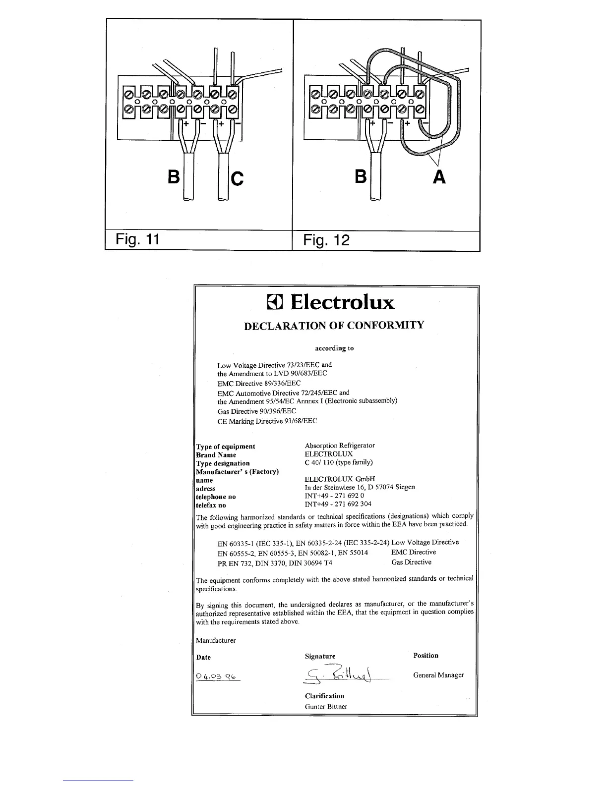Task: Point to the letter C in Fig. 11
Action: coord(238,178)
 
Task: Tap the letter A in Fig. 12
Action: coord(438,177)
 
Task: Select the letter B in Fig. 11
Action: coord(173,177)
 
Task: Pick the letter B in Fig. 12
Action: coord(361,177)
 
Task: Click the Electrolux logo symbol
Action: coord(275,302)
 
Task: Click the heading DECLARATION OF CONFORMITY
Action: coord(334,326)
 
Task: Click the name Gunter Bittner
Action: coord(326,707)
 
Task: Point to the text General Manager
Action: coord(438,675)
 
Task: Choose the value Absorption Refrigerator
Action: coord(340,446)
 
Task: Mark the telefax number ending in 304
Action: coord(338,505)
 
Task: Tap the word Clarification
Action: coord(324,696)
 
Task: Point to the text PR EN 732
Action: coord(235,563)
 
